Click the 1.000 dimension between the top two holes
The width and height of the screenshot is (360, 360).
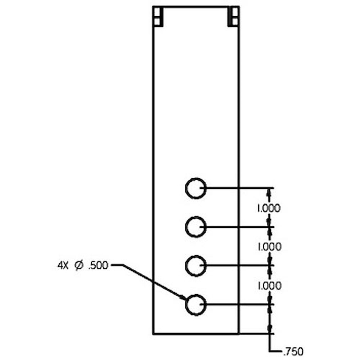click(269, 208)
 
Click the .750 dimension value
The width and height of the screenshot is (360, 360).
click(294, 352)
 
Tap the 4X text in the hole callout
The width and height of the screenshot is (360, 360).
click(63, 266)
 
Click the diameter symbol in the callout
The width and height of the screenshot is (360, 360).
click(79, 266)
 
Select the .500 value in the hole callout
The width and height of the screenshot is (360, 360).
click(98, 266)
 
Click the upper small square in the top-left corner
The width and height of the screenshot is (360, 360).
click(157, 12)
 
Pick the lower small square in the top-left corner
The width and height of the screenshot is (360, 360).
click(157, 21)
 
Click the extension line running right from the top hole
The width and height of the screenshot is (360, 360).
click(237, 188)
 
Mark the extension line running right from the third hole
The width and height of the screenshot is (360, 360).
click(237, 266)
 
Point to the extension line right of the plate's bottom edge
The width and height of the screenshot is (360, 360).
click(256, 333)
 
